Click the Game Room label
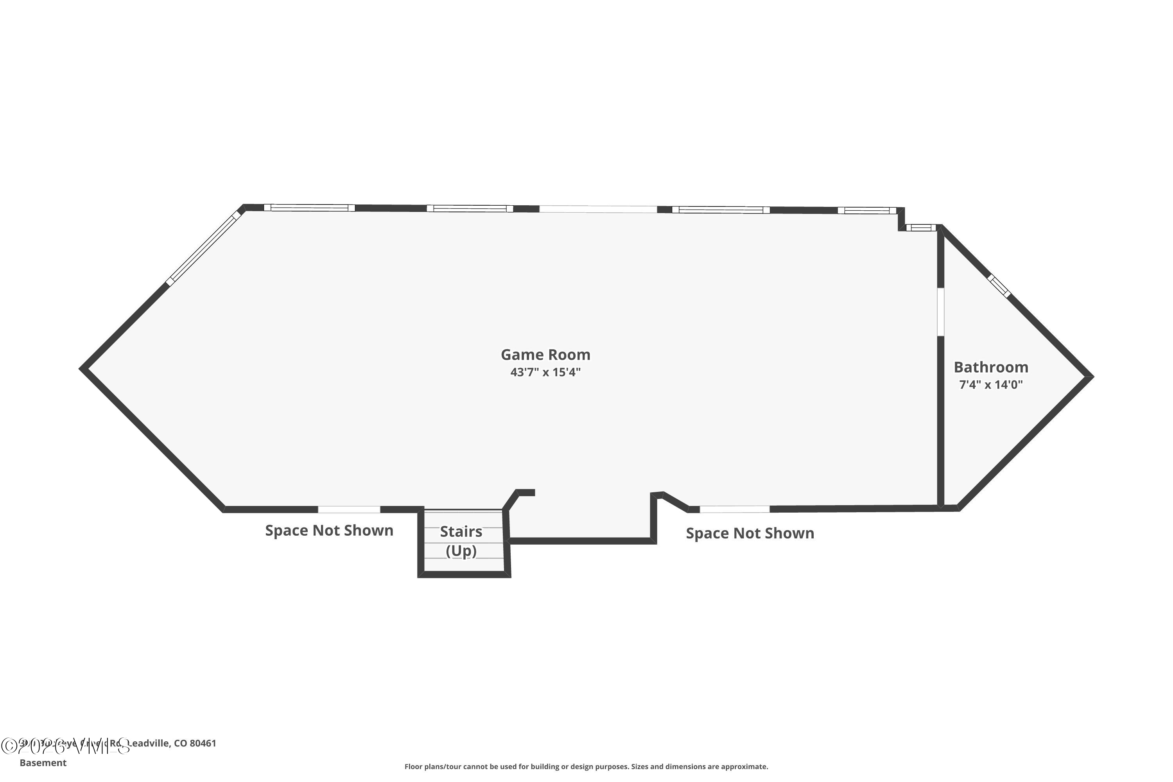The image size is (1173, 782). [x=545, y=355]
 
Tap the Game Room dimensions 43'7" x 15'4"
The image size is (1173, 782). [x=545, y=372]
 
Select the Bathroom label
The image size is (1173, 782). [x=990, y=367]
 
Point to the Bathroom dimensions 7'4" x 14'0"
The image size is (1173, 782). [x=990, y=384]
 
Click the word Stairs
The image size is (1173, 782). [x=461, y=532]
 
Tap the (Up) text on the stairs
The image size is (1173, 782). [x=461, y=551]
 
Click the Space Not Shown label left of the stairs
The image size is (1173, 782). [x=329, y=530]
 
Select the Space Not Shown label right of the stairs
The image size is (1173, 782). [x=750, y=533]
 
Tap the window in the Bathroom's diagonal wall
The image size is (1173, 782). [x=999, y=286]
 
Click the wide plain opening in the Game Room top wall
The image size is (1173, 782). [x=598, y=209]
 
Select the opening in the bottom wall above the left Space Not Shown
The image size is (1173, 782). [x=349, y=509]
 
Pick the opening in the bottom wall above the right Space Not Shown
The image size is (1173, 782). [x=735, y=509]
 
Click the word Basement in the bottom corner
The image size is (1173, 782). [x=43, y=762]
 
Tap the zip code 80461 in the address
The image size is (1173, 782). [x=203, y=743]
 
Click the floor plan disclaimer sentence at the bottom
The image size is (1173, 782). [x=586, y=766]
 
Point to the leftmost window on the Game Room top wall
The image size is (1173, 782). [x=309, y=208]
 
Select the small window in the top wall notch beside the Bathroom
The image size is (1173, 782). [x=921, y=228]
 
